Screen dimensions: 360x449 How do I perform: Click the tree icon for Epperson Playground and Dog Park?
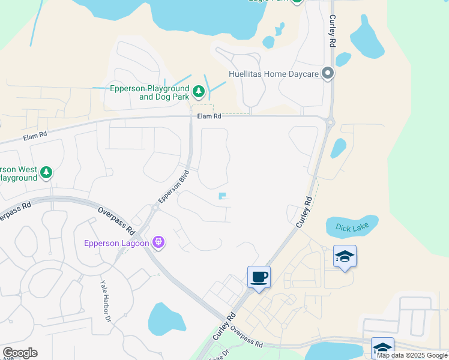point(199,92)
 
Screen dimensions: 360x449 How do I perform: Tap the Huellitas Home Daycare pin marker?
point(327,74)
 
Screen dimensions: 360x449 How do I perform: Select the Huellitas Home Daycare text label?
point(273,75)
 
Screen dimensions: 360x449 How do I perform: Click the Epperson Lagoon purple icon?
point(158,242)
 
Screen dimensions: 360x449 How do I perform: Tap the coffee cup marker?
point(259,277)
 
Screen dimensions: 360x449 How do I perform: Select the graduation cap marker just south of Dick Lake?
point(345,256)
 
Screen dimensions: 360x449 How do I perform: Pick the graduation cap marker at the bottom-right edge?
point(383,349)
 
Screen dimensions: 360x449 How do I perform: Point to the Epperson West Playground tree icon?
point(46,173)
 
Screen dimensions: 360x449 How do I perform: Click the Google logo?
point(20,353)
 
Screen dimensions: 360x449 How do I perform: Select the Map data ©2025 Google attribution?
point(412,355)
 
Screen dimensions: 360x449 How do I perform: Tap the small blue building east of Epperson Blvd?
point(223,196)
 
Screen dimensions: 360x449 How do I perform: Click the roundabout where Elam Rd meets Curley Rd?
point(330,122)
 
